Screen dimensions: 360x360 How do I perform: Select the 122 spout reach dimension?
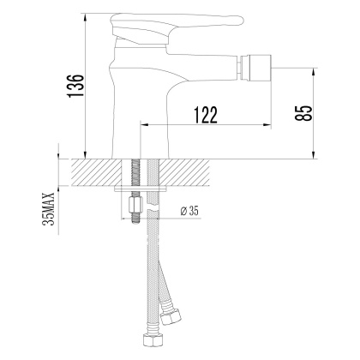[x=204, y=113]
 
